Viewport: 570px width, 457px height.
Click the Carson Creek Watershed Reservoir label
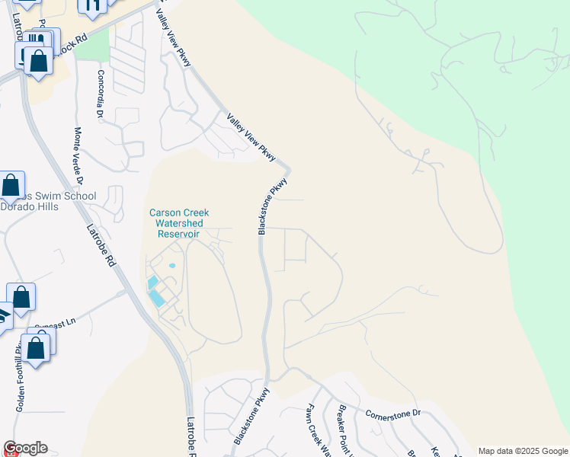(179, 224)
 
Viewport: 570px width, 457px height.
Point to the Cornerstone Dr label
(393, 413)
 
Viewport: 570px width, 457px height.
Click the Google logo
(25, 448)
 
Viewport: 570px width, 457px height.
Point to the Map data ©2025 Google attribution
(522, 451)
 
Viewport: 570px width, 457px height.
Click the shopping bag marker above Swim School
(11, 185)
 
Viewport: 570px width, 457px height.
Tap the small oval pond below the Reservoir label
(171, 266)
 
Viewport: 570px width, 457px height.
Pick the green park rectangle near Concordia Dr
(91, 47)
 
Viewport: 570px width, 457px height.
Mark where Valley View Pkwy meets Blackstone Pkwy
(287, 168)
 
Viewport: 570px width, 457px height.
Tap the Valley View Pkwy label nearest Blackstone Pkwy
(251, 137)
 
